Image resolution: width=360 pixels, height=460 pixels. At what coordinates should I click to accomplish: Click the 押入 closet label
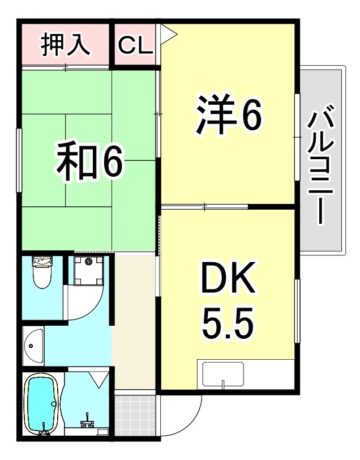66,45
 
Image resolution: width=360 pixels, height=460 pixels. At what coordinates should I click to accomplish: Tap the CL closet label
136,46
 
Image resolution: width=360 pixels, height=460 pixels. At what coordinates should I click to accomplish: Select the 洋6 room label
228,117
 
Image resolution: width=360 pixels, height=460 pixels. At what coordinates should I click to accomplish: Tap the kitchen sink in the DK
223,373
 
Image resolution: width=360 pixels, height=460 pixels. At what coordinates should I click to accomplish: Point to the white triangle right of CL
169,35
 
